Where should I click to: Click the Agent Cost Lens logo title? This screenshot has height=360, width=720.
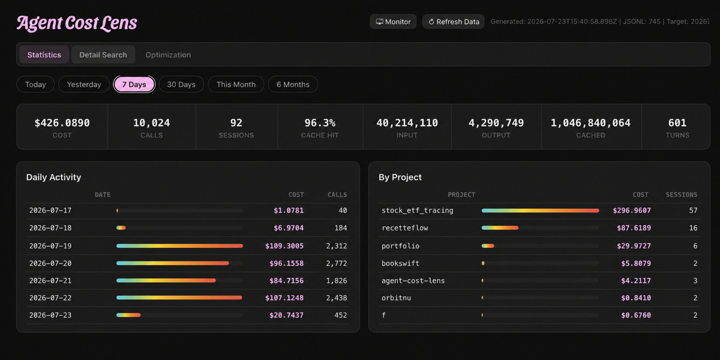[77, 23]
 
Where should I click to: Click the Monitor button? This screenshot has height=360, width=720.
[393, 22]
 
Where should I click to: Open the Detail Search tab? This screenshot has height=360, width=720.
[103, 55]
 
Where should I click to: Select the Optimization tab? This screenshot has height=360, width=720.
[168, 55]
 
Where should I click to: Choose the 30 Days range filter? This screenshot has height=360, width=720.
[181, 84]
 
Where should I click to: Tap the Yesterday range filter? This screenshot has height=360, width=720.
[84, 84]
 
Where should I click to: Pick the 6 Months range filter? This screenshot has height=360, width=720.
[293, 84]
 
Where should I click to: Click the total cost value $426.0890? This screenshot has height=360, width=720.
[62, 123]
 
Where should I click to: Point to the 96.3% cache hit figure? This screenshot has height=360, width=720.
[320, 123]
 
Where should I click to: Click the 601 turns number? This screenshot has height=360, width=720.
[677, 123]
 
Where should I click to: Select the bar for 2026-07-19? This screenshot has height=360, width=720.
[179, 246]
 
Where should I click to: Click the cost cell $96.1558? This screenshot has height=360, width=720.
[286, 263]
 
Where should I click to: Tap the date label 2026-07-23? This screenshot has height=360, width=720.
[50, 315]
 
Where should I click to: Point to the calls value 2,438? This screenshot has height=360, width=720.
[337, 298]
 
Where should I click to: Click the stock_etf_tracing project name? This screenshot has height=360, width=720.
[417, 211]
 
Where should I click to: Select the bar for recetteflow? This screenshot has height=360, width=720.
[500, 228]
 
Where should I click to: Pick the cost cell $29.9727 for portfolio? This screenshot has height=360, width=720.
[634, 246]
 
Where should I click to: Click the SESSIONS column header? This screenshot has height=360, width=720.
[682, 195]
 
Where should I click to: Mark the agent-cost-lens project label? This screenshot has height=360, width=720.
[413, 281]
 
